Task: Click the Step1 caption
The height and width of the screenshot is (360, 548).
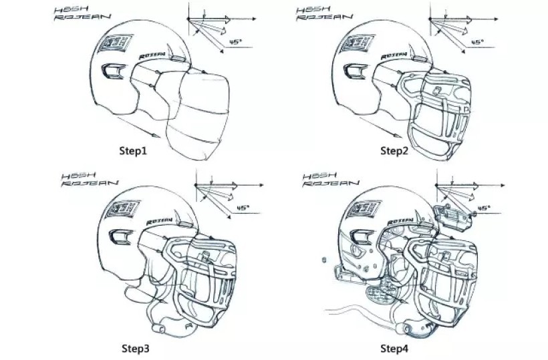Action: tap(133, 150)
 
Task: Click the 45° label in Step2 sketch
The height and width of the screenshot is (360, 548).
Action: tap(476, 41)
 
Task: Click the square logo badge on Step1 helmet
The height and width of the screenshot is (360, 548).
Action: tap(110, 45)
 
